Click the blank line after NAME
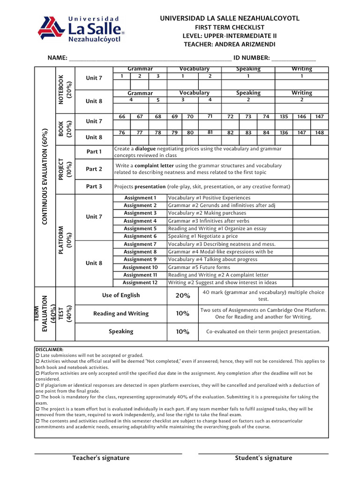coord(150,59)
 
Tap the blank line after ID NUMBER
coord(293,59)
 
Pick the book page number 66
coord(122,117)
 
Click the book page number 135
coord(284,117)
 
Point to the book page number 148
coord(319,133)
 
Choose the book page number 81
coord(210,132)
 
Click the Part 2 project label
coord(94,169)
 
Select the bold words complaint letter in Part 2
coord(154,165)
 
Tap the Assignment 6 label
coord(140,236)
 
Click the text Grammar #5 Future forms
coord(199,267)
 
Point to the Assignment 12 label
coord(140,283)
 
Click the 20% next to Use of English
coord(183,296)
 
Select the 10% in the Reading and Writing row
coord(183,314)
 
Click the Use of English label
coord(121,295)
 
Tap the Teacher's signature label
coord(101,458)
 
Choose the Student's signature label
coord(263,458)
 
